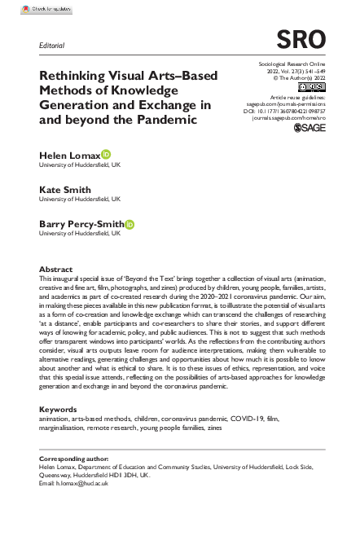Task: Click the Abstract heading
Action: [x=56, y=268]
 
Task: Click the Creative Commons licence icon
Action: [x=312, y=86]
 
